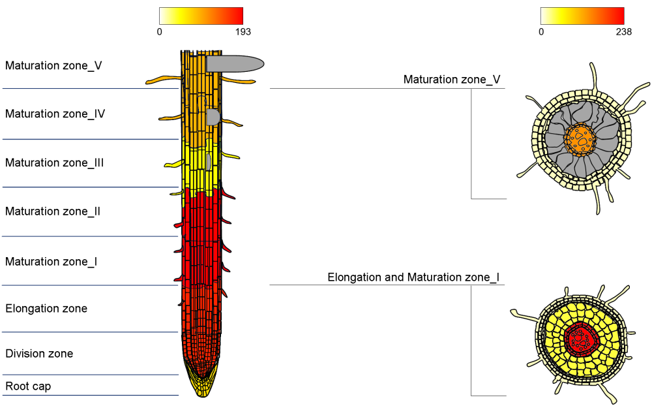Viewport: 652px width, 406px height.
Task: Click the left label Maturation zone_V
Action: click(x=53, y=65)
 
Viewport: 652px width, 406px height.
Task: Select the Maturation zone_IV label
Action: click(x=55, y=114)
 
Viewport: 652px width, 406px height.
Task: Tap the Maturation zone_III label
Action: click(x=55, y=163)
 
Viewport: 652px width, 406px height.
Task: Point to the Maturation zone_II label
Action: click(x=53, y=211)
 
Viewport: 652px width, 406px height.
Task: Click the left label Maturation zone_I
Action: click(x=52, y=262)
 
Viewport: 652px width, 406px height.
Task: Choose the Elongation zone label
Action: click(x=46, y=308)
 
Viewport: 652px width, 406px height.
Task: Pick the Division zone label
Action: click(x=39, y=354)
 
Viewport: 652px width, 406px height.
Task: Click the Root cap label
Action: click(x=28, y=386)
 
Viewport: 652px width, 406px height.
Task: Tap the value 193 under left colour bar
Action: click(x=243, y=31)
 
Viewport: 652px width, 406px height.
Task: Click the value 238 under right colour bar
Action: click(x=624, y=31)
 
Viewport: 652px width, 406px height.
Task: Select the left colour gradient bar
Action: click(x=201, y=16)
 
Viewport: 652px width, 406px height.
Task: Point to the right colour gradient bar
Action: click(x=582, y=16)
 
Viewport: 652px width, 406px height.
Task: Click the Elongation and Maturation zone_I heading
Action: click(x=413, y=277)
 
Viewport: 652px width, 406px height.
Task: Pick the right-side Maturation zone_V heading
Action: click(x=452, y=80)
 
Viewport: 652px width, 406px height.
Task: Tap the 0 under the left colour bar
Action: click(x=160, y=31)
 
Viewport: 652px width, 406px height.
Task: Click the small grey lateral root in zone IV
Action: click(x=213, y=117)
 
